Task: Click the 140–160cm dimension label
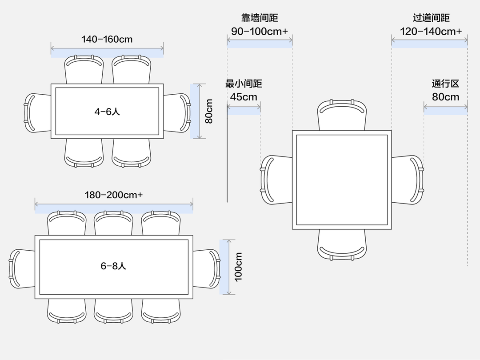(x=107, y=39)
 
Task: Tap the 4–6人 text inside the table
(x=107, y=112)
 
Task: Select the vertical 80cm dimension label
(x=209, y=111)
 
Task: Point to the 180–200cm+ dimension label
(x=114, y=195)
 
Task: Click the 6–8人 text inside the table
(x=114, y=266)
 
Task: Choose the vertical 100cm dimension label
(x=239, y=267)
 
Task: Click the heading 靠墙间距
(x=260, y=18)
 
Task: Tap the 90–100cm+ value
(x=260, y=32)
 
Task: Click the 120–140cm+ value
(x=431, y=32)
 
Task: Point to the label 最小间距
(x=244, y=84)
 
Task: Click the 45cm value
(x=244, y=97)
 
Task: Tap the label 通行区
(x=445, y=84)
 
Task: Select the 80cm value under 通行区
(x=445, y=97)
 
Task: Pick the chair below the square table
(x=342, y=245)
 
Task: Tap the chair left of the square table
(x=276, y=180)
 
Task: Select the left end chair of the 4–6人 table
(x=37, y=113)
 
